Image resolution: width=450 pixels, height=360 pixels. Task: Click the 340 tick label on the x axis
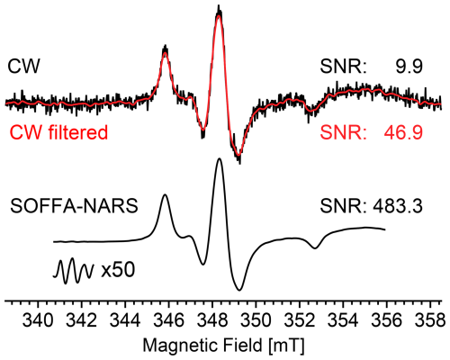click(38, 320)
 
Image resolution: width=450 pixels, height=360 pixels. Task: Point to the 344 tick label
click(125, 320)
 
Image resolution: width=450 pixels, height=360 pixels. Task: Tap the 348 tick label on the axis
click(212, 320)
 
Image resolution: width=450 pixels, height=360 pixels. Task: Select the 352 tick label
click(300, 320)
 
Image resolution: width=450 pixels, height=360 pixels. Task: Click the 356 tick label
click(386, 320)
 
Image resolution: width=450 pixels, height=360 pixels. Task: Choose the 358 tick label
click(430, 320)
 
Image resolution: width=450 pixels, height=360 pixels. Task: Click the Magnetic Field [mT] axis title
click(223, 346)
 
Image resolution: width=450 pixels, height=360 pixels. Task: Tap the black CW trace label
click(23, 67)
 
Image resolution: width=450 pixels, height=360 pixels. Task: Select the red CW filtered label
click(58, 132)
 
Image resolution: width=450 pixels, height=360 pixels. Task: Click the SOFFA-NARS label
click(74, 206)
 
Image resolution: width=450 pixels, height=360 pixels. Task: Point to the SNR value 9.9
click(409, 67)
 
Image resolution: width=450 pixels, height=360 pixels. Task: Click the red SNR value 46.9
click(402, 132)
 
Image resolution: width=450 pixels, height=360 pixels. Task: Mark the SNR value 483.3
click(398, 206)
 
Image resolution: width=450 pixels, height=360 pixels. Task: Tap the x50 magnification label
click(118, 270)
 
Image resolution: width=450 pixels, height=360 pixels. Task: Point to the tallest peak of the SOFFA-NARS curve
click(220, 159)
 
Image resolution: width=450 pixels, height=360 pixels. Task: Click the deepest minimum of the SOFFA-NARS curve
click(239, 290)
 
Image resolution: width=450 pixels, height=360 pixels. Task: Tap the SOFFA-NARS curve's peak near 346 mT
click(165, 195)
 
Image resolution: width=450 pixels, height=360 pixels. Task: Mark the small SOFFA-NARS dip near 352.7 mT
click(315, 248)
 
